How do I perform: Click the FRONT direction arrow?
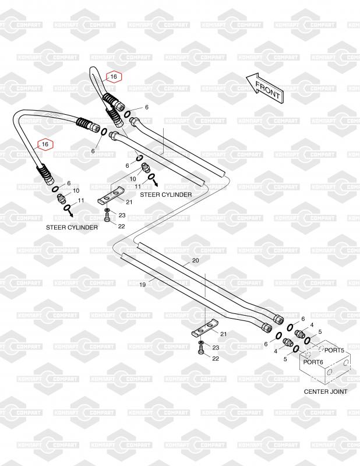pos(263,87)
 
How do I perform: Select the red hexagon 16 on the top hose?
pos(114,76)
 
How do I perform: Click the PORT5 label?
pos(334,350)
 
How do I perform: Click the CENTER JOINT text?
pos(326,391)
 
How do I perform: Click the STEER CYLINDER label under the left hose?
pos(72,227)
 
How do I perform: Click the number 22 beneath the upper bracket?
pos(122,227)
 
